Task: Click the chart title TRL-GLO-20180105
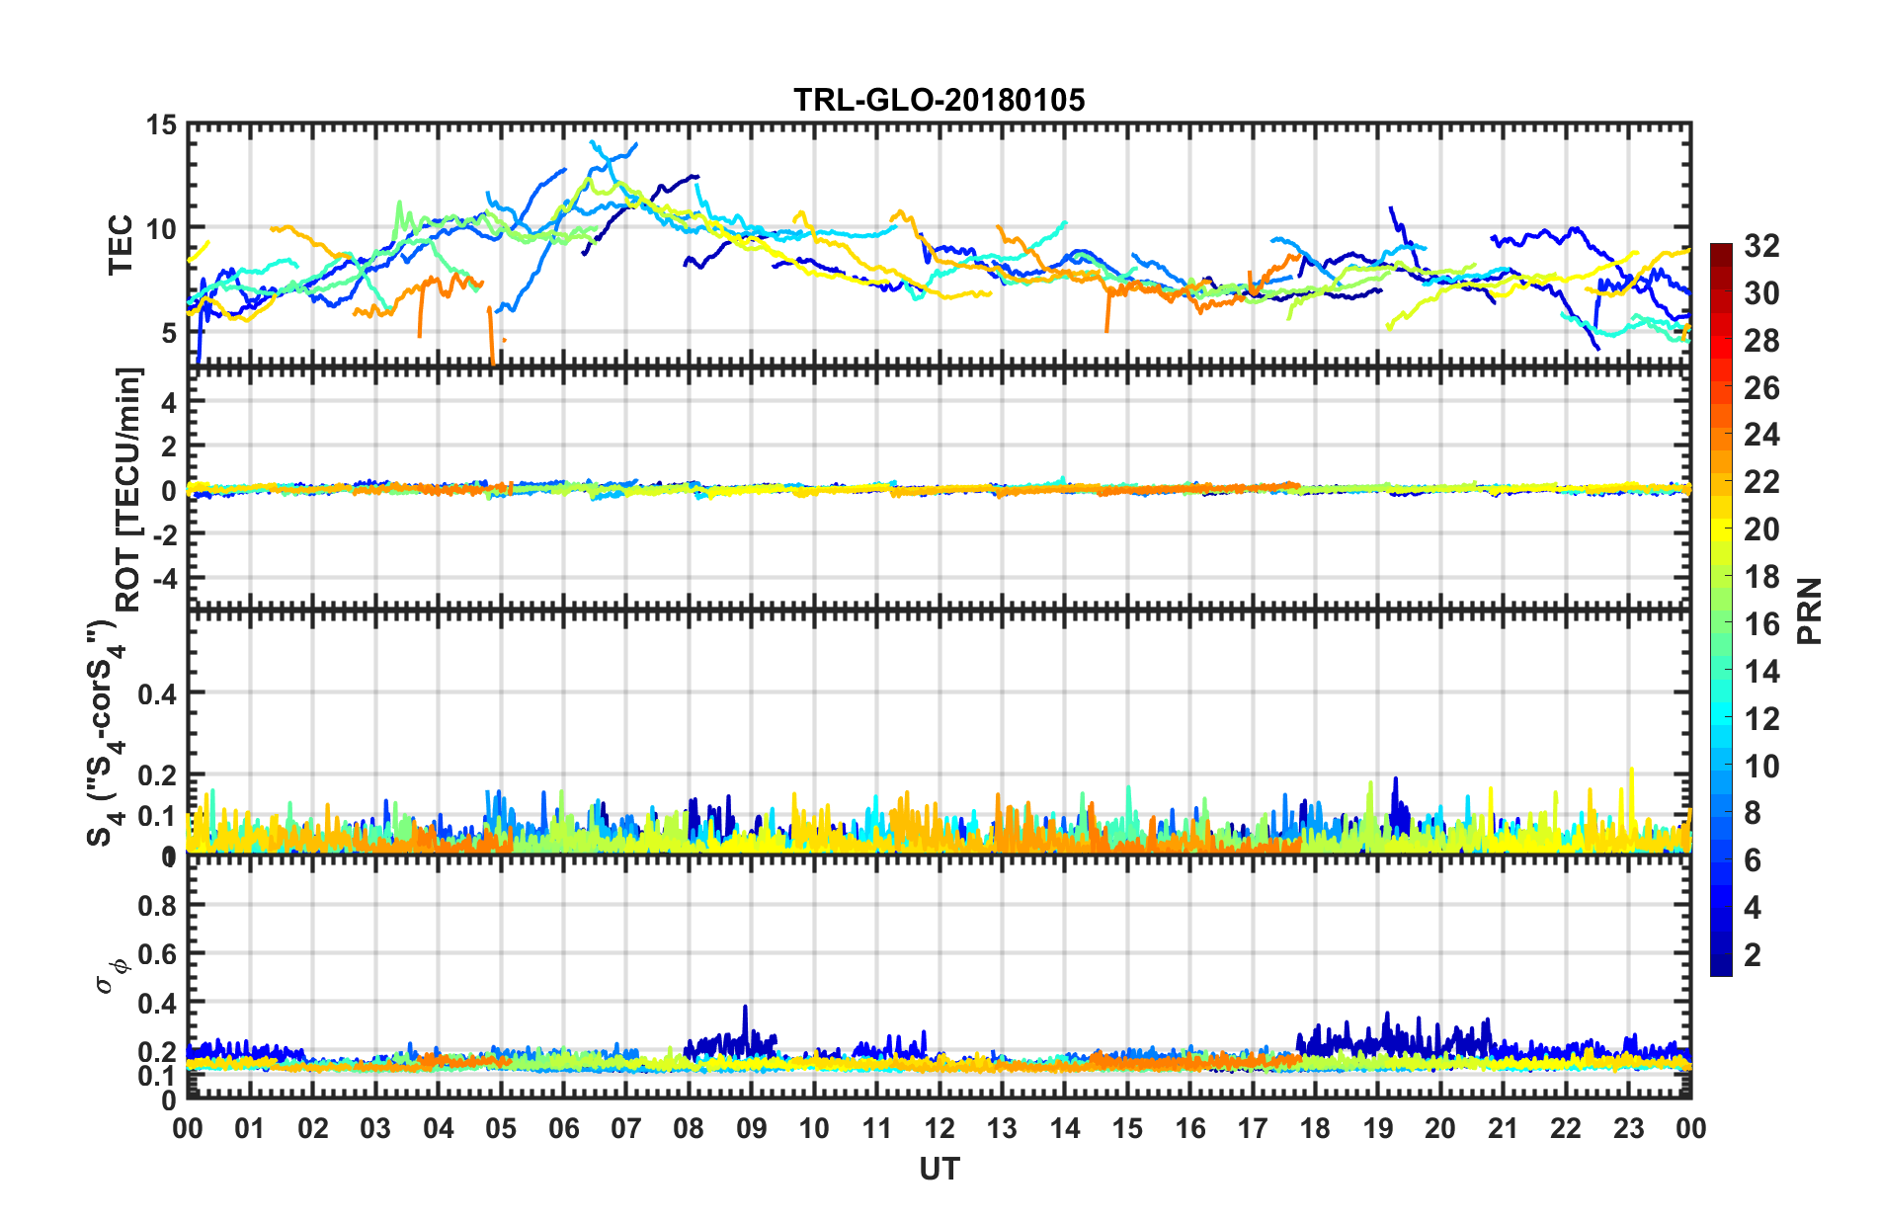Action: tap(939, 100)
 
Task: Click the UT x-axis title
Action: tap(939, 1170)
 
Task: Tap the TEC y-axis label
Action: tap(121, 244)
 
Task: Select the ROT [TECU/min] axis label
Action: tap(128, 490)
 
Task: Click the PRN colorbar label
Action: tap(1810, 610)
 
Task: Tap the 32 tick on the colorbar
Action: tap(1761, 246)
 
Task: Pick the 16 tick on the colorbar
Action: tap(1761, 624)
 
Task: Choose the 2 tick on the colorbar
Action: tap(1754, 955)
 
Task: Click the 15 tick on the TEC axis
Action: tap(161, 125)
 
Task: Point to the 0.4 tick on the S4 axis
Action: tap(157, 693)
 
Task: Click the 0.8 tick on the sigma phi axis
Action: tap(157, 905)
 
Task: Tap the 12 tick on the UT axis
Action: tap(939, 1129)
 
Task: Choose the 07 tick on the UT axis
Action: tap(625, 1129)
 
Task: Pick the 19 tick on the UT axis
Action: tap(1377, 1129)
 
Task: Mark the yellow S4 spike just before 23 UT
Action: tap(1631, 772)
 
